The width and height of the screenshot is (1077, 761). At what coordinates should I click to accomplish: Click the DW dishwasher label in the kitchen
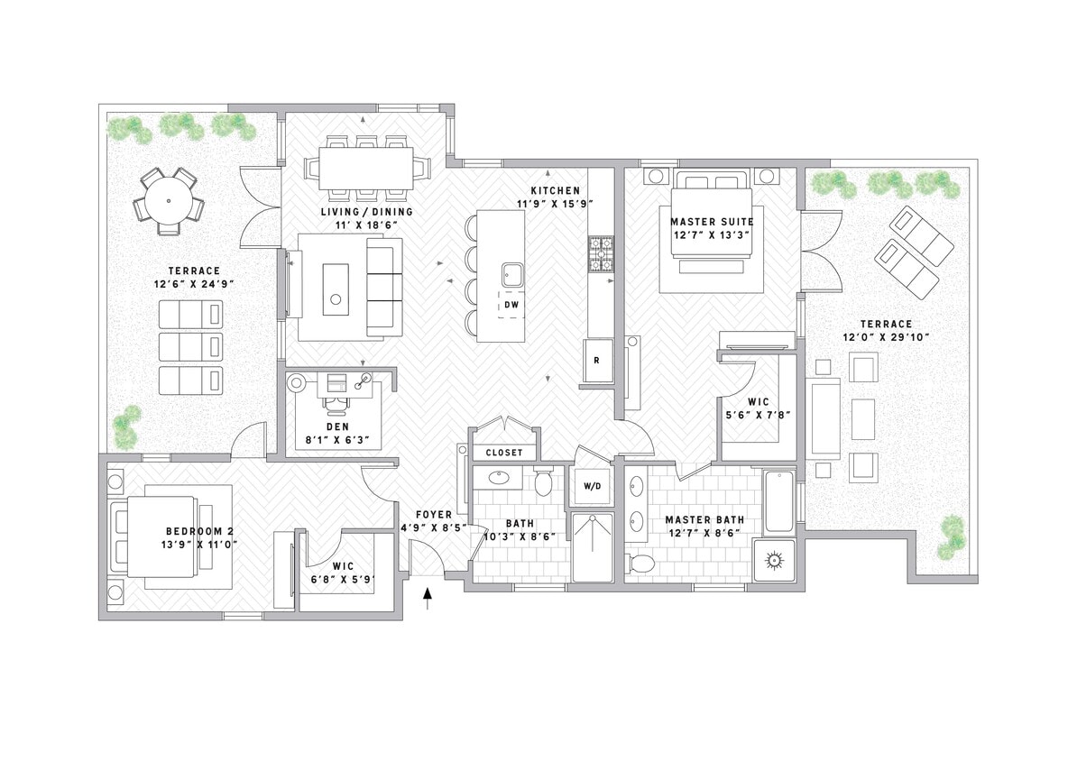click(511, 305)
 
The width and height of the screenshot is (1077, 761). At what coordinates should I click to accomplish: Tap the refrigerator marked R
click(596, 360)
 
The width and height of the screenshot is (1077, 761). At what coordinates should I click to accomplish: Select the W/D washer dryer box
click(592, 486)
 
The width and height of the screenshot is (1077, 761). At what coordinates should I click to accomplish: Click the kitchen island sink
click(512, 273)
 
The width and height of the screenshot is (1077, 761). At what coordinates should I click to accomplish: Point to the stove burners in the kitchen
click(601, 254)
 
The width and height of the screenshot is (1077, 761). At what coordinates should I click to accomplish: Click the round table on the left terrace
click(169, 201)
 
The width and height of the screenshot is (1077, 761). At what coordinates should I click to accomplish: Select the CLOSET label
click(504, 453)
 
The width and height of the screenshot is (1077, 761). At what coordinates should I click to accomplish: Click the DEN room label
click(337, 427)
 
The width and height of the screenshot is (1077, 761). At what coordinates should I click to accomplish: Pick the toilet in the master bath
click(641, 564)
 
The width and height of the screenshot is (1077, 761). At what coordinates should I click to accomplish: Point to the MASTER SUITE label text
click(712, 222)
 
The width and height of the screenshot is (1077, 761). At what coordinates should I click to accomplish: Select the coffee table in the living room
click(336, 289)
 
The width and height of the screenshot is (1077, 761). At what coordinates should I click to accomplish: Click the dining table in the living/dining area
click(365, 168)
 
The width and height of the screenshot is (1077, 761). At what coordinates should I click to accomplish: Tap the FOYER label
click(428, 515)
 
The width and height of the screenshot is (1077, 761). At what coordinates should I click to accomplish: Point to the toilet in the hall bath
click(543, 482)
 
